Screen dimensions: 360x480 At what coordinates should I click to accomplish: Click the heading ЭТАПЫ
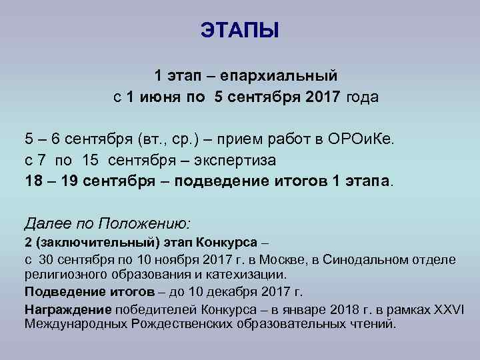[240, 31]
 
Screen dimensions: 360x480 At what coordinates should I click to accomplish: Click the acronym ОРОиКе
[360, 139]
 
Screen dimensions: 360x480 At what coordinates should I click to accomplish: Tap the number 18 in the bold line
[33, 181]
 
